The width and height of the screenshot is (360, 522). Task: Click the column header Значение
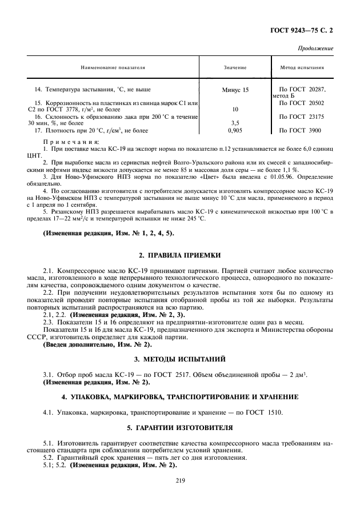[234, 67]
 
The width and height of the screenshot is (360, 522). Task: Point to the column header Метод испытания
[302, 67]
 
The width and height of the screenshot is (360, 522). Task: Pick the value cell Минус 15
[234, 90]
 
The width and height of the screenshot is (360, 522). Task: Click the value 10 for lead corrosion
[234, 109]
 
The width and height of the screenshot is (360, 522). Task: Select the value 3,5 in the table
[234, 122]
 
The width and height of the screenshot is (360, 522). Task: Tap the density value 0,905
[234, 130]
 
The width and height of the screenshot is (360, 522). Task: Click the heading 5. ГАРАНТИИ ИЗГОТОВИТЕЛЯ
[180, 427]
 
